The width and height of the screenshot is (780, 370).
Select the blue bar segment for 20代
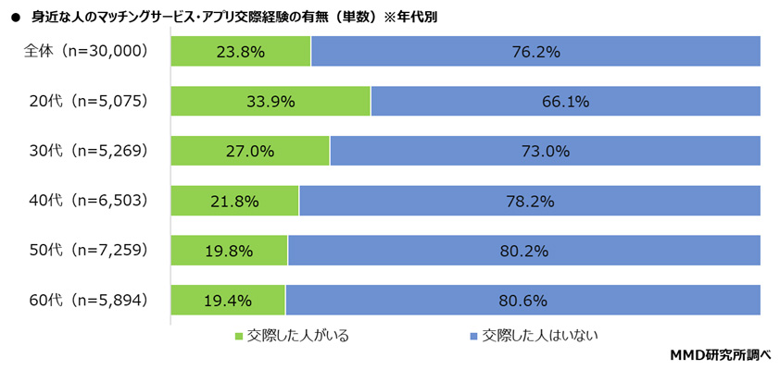[x=565, y=102]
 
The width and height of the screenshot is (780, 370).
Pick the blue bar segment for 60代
[x=522, y=300]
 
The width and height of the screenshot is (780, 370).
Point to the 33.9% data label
[x=271, y=102]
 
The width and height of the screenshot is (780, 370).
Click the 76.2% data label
[x=535, y=53]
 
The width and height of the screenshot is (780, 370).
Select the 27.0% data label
[x=250, y=152]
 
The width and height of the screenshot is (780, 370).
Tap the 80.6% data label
[x=523, y=300]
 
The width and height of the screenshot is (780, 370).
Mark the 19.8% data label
[x=230, y=251]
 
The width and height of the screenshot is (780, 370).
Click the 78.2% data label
[x=530, y=201]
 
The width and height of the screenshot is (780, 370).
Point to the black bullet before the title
[x=15, y=17]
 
